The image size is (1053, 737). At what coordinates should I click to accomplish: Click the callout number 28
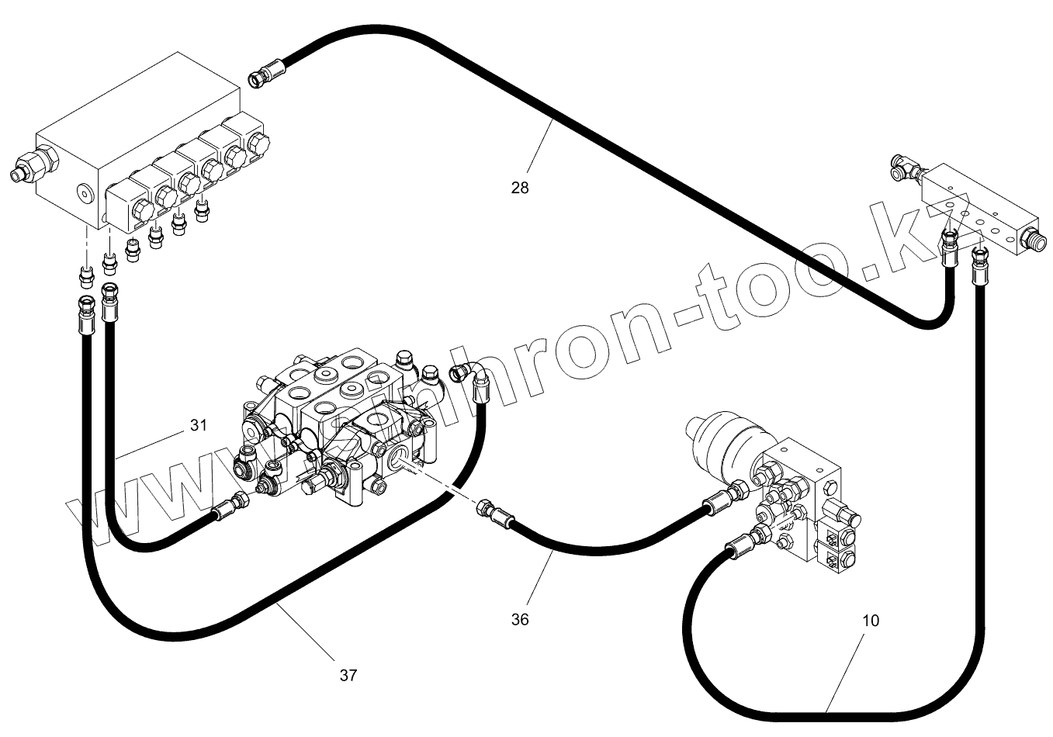pos(520,187)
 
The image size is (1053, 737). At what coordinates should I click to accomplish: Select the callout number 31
pos(199,425)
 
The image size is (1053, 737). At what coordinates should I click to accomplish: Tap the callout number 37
pos(348,675)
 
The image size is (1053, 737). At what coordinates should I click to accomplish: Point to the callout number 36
pos(520,619)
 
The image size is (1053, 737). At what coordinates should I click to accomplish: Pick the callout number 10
pos(871,621)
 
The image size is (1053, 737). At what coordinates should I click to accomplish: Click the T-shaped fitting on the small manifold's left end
pos(903,168)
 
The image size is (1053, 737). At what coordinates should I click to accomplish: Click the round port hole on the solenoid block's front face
pos(83,192)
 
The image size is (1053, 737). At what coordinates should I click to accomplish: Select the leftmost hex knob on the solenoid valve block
pos(142,211)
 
